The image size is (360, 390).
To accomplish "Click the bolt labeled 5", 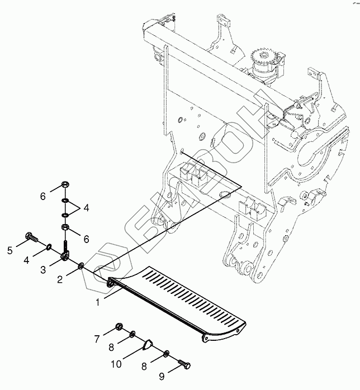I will coord(31,238).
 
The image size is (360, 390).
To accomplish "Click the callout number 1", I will coord(98,302).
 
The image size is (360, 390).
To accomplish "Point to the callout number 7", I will coord(96,339).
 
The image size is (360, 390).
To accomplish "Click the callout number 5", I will coord(10,235).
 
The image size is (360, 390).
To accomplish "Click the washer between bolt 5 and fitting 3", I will coord(50,246).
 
